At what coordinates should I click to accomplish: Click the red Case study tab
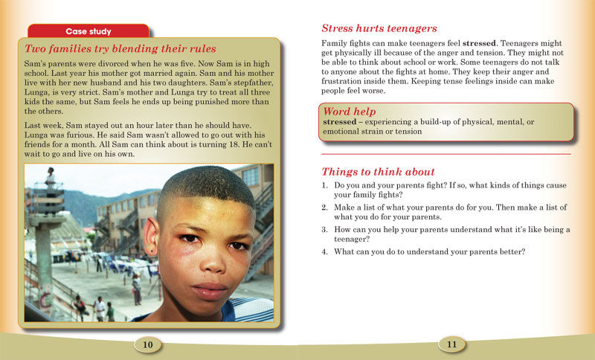click(89, 31)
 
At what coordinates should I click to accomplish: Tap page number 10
click(147, 344)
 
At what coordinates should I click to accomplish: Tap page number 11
click(451, 344)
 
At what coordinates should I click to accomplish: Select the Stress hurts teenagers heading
click(379, 29)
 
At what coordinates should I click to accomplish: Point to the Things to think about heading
click(378, 171)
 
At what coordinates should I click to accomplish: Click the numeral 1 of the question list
click(324, 184)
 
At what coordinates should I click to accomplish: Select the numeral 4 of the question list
click(324, 251)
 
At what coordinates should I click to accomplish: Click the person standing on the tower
click(50, 179)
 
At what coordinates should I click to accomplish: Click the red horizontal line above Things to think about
click(446, 154)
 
